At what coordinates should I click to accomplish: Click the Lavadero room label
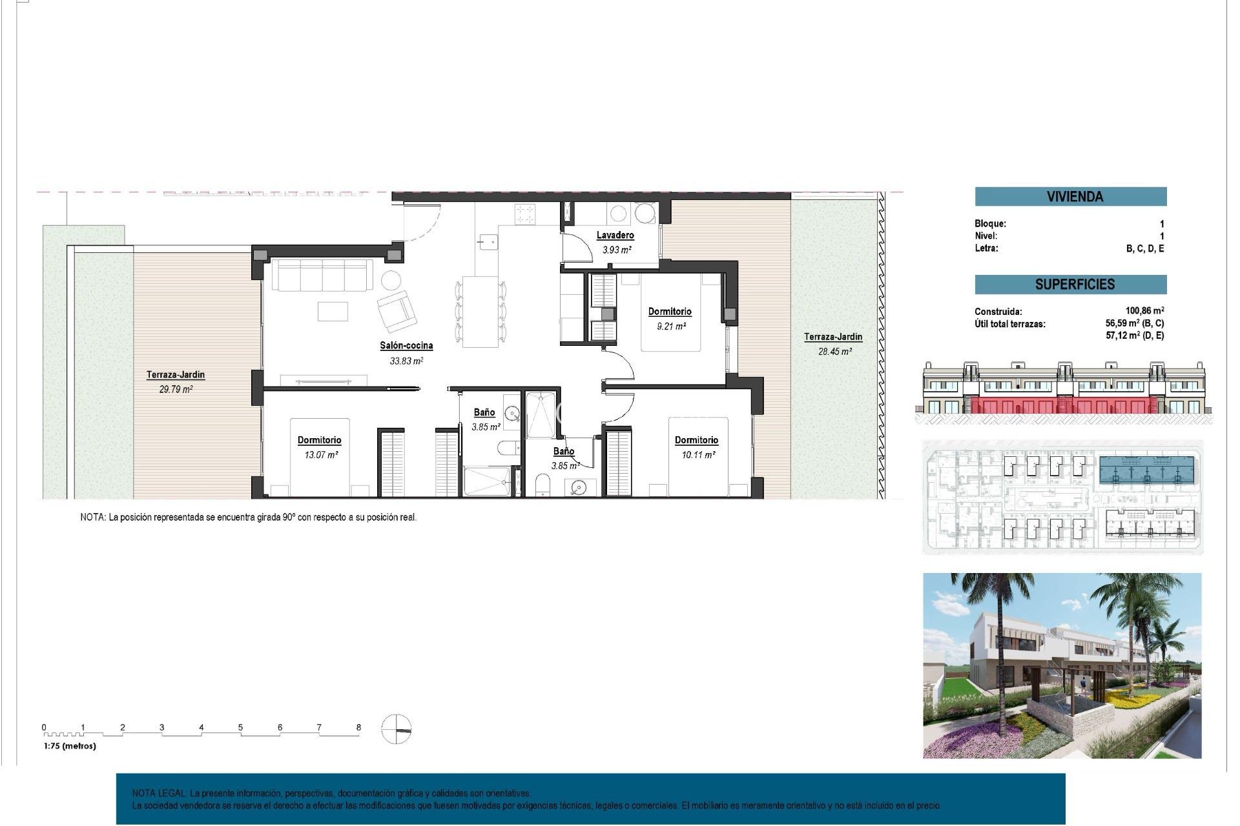coord(615,236)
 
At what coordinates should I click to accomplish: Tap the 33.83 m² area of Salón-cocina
coord(406,361)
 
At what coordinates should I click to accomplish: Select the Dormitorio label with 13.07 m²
coord(319,440)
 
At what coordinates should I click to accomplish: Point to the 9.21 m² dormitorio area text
coord(671,327)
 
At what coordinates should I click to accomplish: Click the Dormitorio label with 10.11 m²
coord(696,440)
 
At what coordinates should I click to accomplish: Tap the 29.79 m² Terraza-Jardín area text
coord(176,390)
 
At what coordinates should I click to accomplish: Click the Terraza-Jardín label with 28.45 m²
coord(832,337)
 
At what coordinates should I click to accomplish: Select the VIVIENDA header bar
coord(1070,197)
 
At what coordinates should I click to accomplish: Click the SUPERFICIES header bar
coord(1070,285)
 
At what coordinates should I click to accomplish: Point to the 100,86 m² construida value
coord(1144,311)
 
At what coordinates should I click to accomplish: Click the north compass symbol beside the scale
coord(396,730)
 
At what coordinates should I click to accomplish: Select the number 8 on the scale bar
coord(358,727)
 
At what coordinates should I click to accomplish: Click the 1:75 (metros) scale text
coord(70,746)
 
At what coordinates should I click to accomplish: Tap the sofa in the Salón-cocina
coord(321,276)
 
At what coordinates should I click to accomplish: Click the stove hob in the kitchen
coord(524,214)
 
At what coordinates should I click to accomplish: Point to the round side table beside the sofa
coord(390,280)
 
